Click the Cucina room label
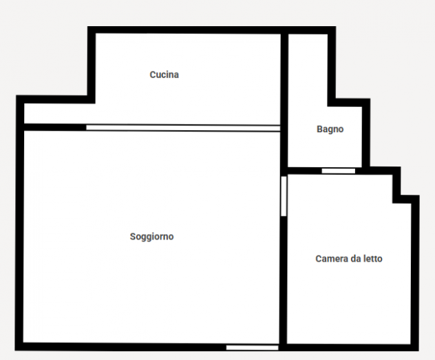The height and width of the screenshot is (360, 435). tap(164, 74)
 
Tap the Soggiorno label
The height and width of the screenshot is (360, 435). tap(151, 237)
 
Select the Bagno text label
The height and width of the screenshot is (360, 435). tap(330, 129)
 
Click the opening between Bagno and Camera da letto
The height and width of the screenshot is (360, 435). tap(338, 171)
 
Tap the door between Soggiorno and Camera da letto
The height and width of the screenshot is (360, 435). tap(284, 196)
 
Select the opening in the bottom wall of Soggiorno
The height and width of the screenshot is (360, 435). tap(252, 348)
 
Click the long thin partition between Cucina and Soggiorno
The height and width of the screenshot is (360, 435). tap(183, 128)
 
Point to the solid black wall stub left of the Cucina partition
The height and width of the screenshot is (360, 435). tap(55, 127)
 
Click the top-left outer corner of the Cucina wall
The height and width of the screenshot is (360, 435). tap(88, 27)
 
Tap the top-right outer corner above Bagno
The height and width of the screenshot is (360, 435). tap(336, 27)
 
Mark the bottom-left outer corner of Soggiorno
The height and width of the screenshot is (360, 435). tap(15, 350)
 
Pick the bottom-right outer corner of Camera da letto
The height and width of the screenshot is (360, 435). tap(418, 350)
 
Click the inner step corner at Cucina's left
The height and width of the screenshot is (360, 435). tap(95, 103)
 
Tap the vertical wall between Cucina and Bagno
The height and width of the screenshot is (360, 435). tap(284, 100)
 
